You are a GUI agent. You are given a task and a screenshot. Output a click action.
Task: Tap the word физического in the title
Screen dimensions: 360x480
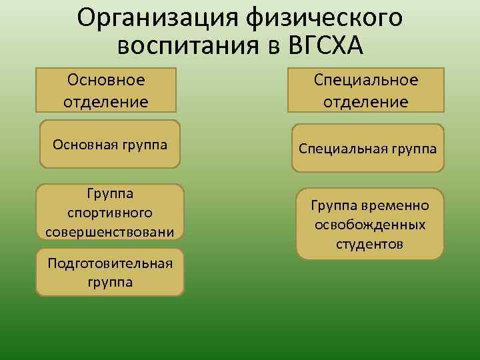click(324, 18)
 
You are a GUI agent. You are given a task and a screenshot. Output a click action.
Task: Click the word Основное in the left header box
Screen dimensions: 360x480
click(106, 80)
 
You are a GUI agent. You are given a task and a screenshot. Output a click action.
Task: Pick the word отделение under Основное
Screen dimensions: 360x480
click(106, 102)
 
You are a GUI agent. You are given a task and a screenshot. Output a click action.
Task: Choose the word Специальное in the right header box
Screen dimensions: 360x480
click(366, 80)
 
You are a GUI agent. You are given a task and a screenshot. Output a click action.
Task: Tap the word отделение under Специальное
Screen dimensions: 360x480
click(366, 102)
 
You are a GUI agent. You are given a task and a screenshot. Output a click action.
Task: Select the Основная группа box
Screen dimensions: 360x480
click(110, 144)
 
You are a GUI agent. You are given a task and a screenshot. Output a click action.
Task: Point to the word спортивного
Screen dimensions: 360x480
click(109, 212)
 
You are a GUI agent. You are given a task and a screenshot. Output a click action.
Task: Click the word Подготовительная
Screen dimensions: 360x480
click(110, 263)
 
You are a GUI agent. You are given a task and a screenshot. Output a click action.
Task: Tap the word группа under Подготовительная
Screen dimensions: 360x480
click(110, 281)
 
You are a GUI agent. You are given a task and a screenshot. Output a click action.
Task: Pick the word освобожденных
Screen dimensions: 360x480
click(370, 225)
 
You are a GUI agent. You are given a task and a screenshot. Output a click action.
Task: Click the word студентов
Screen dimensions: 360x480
click(370, 244)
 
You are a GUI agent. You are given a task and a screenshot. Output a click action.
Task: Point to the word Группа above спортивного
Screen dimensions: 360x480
click(109, 193)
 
